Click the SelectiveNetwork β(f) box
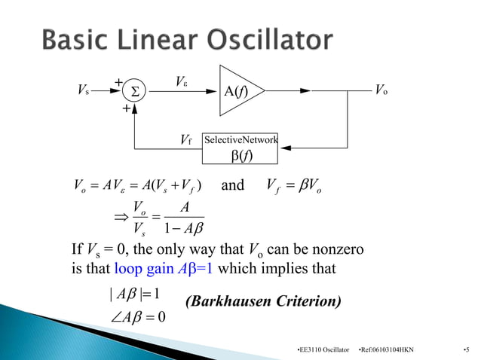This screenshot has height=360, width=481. coord(240,148)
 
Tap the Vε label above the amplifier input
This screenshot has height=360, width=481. coord(182,81)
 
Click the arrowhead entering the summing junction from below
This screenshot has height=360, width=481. coord(134,107)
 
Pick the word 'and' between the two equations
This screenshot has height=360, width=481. coord(232,185)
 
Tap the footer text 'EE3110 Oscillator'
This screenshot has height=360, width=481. coord(324,350)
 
